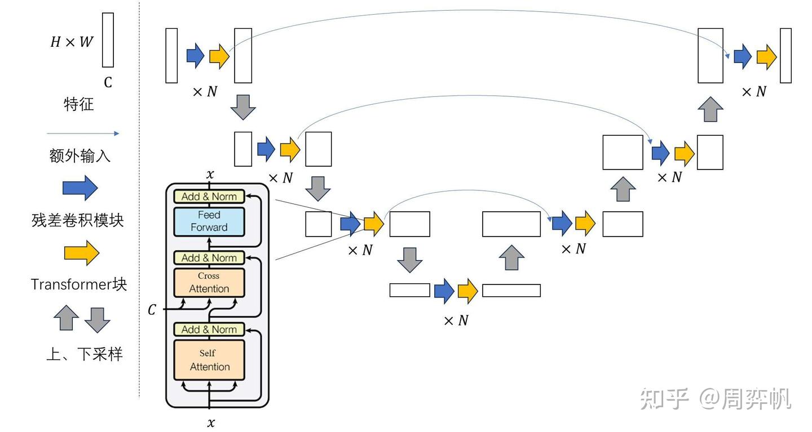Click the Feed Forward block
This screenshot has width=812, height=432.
(209, 221)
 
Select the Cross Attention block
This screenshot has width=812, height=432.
(209, 283)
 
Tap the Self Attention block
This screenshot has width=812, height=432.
(209, 360)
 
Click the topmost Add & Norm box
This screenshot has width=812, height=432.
(209, 197)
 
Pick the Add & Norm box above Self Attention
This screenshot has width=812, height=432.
(209, 329)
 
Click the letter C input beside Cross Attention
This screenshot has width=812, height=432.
(152, 310)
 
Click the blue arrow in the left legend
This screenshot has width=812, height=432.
(80, 188)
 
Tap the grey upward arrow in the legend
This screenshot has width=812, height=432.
(66, 318)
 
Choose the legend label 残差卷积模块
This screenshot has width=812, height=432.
(78, 220)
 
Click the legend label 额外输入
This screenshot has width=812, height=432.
(80, 156)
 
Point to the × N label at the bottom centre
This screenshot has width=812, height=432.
(456, 320)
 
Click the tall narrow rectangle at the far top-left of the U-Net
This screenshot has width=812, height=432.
(171, 55)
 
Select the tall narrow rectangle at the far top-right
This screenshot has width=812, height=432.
(785, 55)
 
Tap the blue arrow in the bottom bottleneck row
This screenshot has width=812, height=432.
(444, 291)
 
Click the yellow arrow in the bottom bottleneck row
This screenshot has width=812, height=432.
(468, 291)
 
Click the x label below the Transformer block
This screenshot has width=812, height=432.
(210, 422)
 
